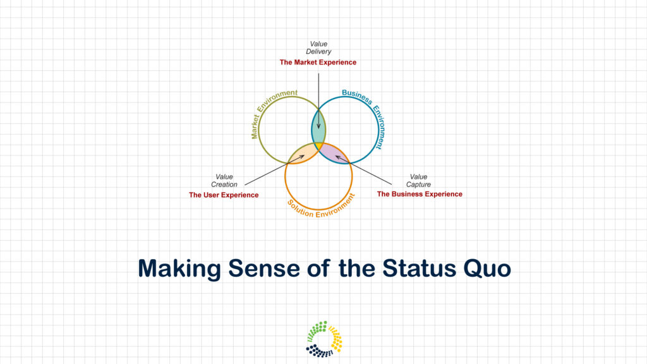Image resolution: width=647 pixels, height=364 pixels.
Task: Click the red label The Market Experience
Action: tap(318, 63)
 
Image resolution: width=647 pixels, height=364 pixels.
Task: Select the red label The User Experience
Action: tap(224, 195)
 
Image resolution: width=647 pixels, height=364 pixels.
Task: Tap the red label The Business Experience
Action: tap(420, 194)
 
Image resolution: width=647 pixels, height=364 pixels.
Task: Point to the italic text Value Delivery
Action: tap(318, 47)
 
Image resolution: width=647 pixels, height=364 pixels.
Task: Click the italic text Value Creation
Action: tap(224, 181)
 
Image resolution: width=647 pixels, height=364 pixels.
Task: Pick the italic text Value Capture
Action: tap(418, 181)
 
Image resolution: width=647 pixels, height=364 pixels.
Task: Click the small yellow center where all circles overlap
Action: tap(318, 146)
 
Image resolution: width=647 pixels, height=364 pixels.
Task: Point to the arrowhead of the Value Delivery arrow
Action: tap(318, 126)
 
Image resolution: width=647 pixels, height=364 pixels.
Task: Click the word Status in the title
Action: tap(418, 268)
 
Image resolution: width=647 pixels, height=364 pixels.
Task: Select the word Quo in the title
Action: tap(487, 269)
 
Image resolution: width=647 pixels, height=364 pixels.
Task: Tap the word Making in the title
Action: tap(179, 269)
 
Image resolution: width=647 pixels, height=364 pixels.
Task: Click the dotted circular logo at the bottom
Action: tap(324, 339)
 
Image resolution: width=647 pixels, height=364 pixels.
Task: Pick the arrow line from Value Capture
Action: tap(363, 170)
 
